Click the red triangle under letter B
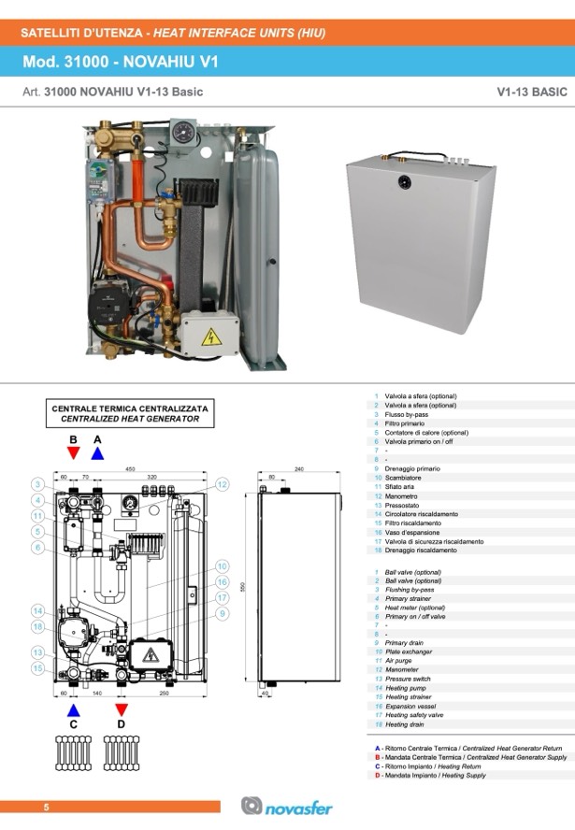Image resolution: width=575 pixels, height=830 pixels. point(74,453)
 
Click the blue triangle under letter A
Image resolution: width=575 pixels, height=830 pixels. point(97,453)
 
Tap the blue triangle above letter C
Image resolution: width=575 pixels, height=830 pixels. point(74,709)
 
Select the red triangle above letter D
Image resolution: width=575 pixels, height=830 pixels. point(121,709)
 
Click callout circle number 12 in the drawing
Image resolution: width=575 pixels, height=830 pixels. point(223,484)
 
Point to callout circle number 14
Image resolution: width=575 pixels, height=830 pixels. point(36,611)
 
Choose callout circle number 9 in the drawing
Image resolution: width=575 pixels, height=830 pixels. point(223,613)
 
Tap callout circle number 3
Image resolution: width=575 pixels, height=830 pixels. point(36,484)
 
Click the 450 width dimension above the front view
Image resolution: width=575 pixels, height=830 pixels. point(131,468)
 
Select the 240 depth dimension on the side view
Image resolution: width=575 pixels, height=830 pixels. point(299,468)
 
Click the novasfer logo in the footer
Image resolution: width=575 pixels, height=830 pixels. point(286,806)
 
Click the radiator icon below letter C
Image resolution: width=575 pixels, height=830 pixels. point(74,750)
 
